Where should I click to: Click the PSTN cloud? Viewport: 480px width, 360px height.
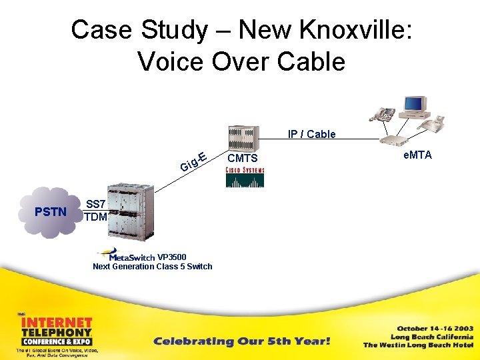[51, 212]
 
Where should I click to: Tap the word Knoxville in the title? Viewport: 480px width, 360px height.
[351, 29]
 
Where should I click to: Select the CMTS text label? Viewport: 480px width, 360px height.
[242, 159]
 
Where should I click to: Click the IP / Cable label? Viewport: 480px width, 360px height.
[311, 134]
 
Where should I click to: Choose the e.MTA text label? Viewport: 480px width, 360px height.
[417, 155]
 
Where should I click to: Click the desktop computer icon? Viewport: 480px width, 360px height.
[414, 107]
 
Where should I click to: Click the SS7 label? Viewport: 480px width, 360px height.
[96, 204]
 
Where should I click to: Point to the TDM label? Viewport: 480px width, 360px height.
[96, 217]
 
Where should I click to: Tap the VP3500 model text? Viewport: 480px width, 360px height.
[171, 257]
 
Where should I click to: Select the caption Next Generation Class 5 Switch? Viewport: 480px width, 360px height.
[152, 267]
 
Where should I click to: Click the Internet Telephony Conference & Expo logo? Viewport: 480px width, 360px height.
[57, 333]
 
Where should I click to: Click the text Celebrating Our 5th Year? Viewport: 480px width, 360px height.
[241, 341]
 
